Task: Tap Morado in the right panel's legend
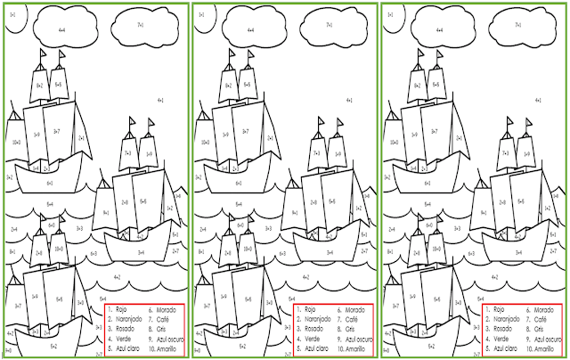[536, 309]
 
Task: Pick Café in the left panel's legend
[159, 319]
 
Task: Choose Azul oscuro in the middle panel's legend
[356, 340]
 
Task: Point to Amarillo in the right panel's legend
[539, 349]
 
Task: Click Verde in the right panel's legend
[499, 340]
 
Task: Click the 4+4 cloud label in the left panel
[62, 30]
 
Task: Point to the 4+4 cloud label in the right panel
[438, 30]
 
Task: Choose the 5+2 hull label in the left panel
[53, 345]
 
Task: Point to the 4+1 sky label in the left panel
[161, 102]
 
